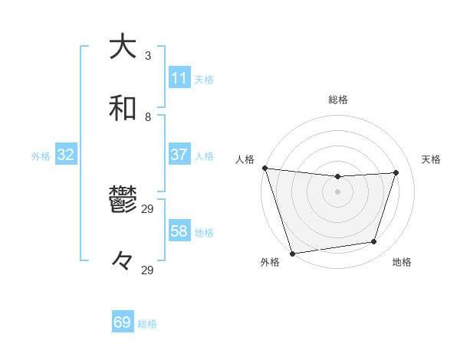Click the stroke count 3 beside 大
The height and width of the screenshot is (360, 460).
148,56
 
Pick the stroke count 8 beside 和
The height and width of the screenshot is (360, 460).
148,117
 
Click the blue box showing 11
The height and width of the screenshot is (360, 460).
179,78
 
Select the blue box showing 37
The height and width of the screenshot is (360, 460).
179,155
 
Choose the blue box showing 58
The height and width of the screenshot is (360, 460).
179,231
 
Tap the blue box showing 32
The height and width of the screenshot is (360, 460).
66,155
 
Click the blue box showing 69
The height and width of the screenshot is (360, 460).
123,322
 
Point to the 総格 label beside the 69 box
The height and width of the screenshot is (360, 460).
147,324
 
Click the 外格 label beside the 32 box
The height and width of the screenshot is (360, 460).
41,156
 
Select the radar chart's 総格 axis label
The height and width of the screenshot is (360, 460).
337,100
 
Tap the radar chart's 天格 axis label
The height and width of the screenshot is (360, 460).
432,159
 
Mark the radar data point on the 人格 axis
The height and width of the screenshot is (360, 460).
264,168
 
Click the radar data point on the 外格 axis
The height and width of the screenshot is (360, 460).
292,253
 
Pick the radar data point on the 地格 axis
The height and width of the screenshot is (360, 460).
374,242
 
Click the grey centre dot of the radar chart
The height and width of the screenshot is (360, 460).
337,191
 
